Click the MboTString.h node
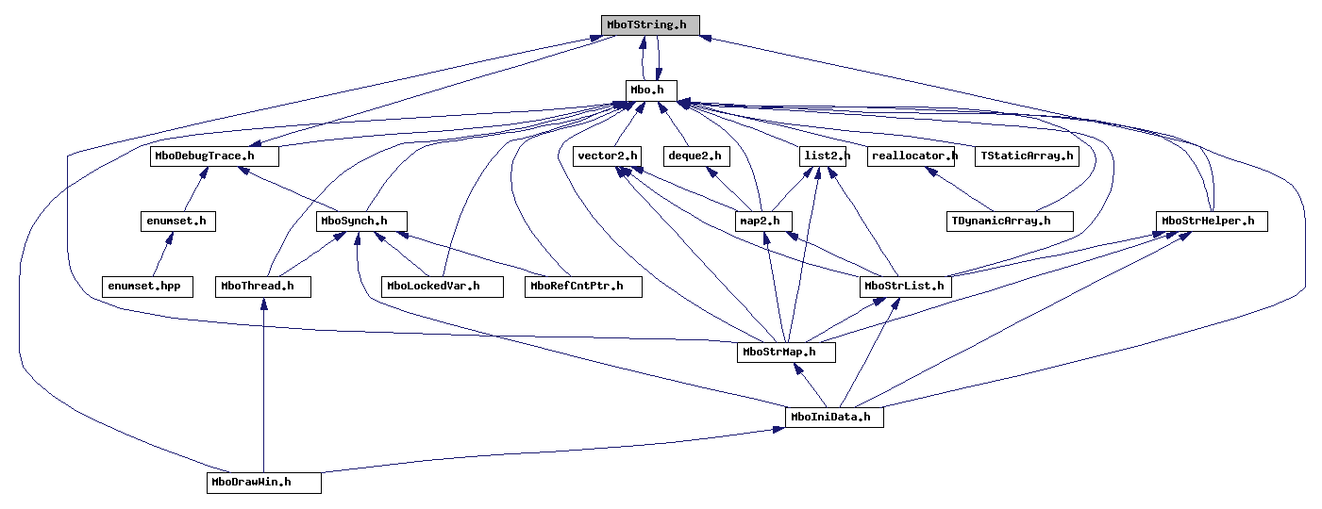click(x=650, y=25)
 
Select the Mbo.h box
click(x=651, y=90)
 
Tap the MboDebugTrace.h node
click(x=214, y=156)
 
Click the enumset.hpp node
click(x=147, y=286)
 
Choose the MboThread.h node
click(x=262, y=286)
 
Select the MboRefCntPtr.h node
click(x=583, y=286)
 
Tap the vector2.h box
click(x=608, y=156)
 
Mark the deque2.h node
click(x=695, y=156)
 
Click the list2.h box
click(x=821, y=156)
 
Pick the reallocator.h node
click(x=913, y=156)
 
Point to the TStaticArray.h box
click(x=1027, y=156)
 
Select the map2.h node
click(x=763, y=222)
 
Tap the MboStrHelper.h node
click(x=1211, y=222)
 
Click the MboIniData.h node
click(x=834, y=416)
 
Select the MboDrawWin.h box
click(x=264, y=482)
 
